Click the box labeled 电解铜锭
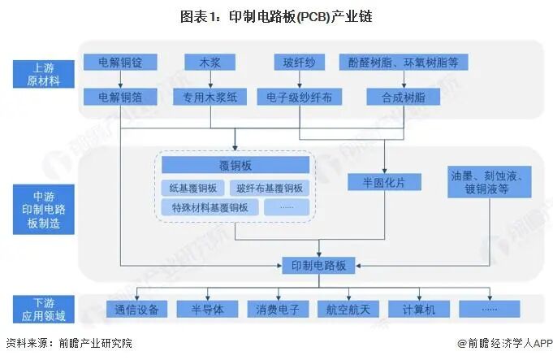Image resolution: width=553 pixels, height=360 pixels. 121,62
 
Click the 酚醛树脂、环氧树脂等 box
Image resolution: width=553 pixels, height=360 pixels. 408,62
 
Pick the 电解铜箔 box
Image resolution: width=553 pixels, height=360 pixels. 121,98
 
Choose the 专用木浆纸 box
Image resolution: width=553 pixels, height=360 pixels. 210,98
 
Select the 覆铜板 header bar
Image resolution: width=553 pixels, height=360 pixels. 235,166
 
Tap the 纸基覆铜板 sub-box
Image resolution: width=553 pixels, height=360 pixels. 193,188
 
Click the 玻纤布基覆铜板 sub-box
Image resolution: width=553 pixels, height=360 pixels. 270,188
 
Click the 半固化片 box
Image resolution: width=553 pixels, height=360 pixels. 385,182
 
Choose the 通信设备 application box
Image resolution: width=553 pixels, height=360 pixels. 136,309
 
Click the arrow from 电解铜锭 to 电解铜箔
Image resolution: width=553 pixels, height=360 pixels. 121,80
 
